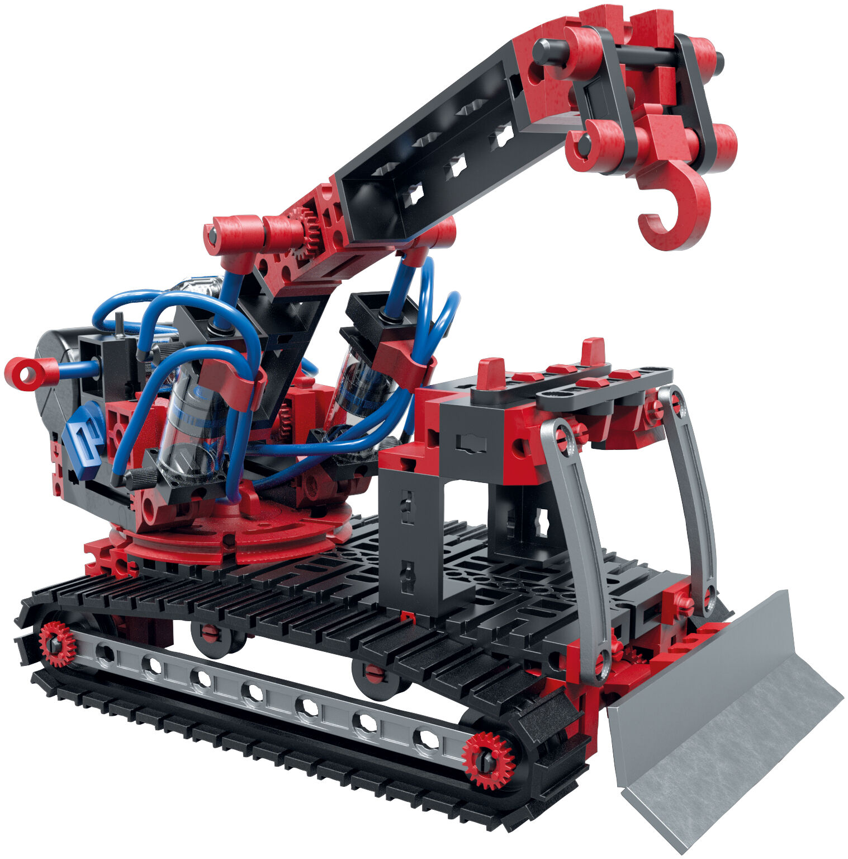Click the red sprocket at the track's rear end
(x=57, y=644)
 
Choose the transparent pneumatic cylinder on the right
(x=361, y=386)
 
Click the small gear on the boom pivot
(x=306, y=224)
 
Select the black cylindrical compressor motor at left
(x=56, y=381)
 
